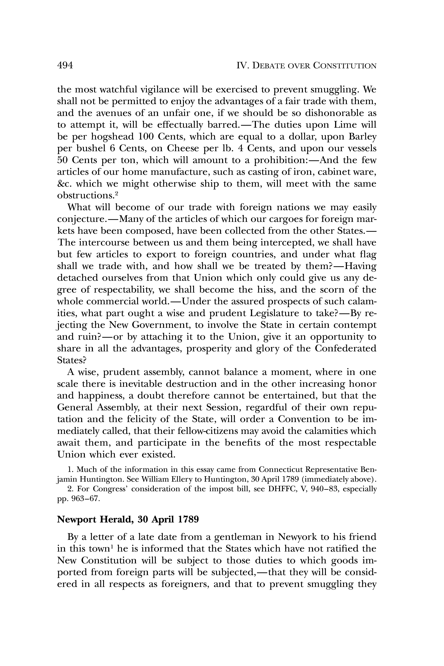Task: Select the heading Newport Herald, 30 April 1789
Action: tap(128, 519)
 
